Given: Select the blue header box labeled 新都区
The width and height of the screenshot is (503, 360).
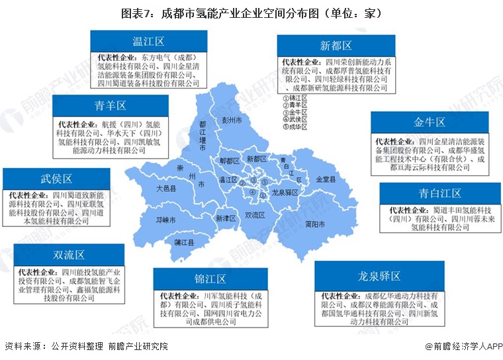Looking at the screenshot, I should tap(336, 46).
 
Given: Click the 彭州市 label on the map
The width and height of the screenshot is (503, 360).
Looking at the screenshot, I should tap(232, 120).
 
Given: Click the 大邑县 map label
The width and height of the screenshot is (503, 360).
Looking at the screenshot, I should tap(166, 189).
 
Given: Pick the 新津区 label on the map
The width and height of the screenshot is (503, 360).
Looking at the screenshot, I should tap(226, 218).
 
